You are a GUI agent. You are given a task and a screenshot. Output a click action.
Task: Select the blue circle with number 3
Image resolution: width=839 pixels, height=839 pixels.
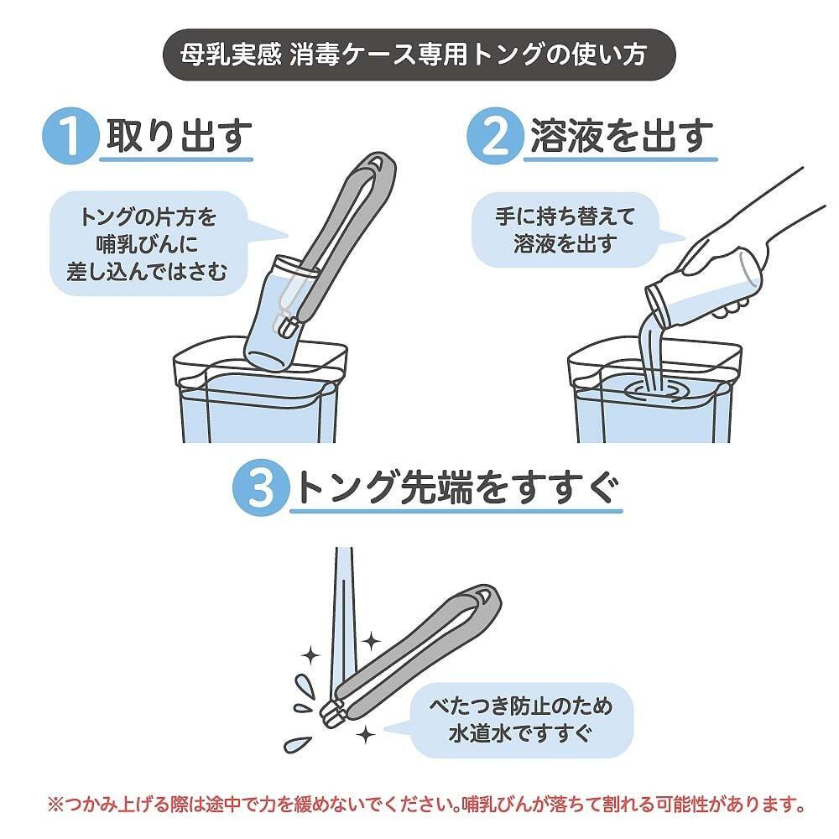coord(261,487)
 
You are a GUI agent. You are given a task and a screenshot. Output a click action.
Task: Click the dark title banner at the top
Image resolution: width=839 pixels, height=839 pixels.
coord(419,55)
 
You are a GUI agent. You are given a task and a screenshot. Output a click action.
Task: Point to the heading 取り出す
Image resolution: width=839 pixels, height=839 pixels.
coord(179,135)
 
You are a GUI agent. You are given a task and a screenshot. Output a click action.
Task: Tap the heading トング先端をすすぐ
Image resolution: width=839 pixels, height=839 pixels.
coord(456,487)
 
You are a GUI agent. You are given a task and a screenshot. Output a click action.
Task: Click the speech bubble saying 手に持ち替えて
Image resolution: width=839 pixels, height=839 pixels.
coord(565,230)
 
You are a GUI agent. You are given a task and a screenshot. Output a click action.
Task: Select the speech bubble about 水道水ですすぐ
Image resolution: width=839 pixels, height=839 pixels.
coord(520,720)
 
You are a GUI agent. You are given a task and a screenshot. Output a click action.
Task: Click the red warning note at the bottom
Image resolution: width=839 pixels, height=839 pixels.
coord(426,804)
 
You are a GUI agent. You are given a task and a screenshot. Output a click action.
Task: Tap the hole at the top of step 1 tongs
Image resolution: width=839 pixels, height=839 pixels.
coord(378,163)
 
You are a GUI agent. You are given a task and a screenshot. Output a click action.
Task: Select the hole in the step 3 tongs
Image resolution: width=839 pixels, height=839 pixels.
coord(483,595)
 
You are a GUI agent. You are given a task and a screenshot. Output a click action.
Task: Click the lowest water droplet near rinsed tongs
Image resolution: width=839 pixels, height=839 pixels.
coord(297,743)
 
